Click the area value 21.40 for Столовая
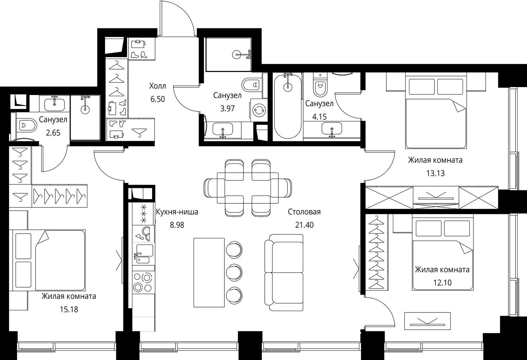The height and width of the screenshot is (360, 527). [304, 225]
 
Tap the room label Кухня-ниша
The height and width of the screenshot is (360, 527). [177, 212]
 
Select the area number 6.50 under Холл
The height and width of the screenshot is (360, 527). [158, 99]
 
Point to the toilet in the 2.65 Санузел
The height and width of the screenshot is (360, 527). [26, 125]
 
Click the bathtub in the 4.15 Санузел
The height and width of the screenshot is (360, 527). [287, 107]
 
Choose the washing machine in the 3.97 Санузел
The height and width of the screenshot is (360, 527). [259, 110]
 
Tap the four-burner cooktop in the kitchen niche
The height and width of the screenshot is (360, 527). [143, 282]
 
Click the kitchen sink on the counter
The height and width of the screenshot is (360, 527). [143, 254]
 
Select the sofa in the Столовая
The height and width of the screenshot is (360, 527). [284, 273]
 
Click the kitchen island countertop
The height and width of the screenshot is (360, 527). [209, 273]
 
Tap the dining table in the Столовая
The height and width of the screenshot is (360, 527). [247, 188]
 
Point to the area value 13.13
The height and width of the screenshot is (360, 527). [436, 173]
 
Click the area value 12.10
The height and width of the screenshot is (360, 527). [442, 283]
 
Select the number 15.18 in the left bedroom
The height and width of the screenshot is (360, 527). [69, 309]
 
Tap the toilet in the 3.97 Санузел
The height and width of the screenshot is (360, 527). [251, 84]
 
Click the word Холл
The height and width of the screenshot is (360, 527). [158, 86]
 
